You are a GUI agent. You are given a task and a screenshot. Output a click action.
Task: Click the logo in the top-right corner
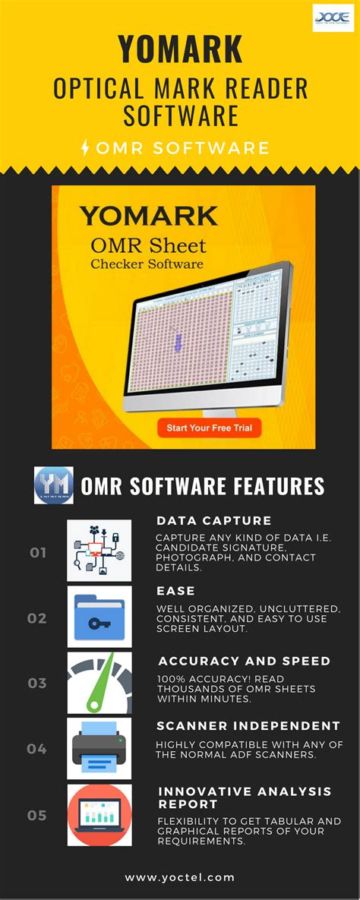(x=333, y=17)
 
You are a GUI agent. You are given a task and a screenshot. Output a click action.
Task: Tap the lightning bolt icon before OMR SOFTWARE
(x=84, y=147)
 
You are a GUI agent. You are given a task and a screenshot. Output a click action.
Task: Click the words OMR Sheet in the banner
(x=148, y=245)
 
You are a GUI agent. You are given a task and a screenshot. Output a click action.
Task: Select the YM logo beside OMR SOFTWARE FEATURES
(x=54, y=485)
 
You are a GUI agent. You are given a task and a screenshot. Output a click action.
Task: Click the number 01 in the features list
(x=38, y=552)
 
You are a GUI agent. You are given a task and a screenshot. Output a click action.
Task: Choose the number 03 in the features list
(x=37, y=683)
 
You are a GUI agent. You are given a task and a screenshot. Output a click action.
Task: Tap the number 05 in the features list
(x=37, y=815)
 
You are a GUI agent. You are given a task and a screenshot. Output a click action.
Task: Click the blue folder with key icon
(x=99, y=617)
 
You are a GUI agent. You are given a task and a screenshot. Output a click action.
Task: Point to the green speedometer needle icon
(x=99, y=682)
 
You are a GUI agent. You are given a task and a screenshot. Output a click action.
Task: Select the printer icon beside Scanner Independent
(x=99, y=748)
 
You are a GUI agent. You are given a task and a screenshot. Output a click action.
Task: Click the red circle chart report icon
(x=99, y=815)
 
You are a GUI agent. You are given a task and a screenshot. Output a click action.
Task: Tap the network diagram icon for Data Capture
(x=99, y=551)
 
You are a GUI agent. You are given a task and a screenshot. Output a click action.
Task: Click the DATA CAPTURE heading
(x=214, y=521)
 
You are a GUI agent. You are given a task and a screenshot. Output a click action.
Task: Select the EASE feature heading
(x=175, y=590)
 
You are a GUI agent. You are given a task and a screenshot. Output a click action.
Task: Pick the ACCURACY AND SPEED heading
(x=244, y=661)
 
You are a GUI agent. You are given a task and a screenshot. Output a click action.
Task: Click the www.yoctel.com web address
(x=180, y=877)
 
